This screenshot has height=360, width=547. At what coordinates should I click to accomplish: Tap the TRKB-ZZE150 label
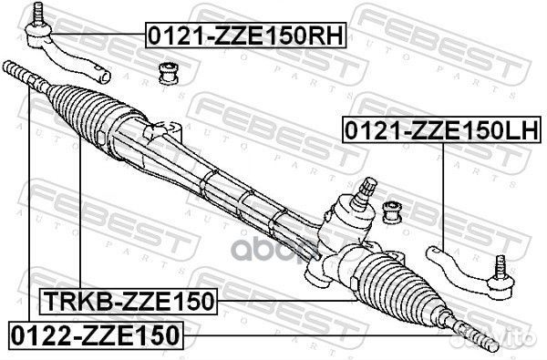(x=128, y=300)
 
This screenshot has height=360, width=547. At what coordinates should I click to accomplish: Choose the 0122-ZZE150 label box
(x=98, y=334)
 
